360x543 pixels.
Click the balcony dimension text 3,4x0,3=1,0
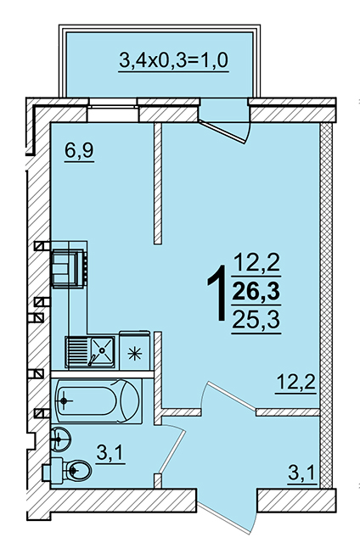point(173,60)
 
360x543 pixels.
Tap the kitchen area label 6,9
point(79,151)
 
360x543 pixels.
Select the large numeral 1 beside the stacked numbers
point(217,293)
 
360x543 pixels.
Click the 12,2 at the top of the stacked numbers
point(256,263)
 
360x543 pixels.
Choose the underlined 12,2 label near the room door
point(296,383)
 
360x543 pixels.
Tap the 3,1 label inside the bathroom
point(110,453)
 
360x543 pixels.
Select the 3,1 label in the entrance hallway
point(302,473)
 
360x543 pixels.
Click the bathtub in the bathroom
point(98,401)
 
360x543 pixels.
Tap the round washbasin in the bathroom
point(60,439)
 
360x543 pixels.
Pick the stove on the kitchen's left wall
point(69,269)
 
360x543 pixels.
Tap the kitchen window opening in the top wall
point(113,110)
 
